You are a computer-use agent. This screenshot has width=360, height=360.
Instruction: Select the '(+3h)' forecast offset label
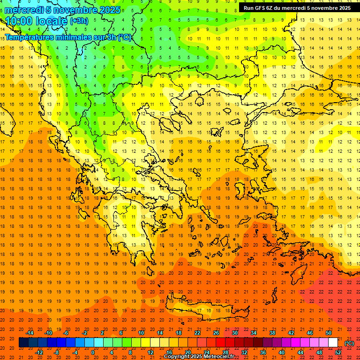[x=78, y=21]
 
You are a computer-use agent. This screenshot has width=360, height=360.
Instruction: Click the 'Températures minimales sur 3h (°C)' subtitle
[x=68, y=37]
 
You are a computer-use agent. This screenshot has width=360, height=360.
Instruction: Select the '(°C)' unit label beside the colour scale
[x=349, y=343]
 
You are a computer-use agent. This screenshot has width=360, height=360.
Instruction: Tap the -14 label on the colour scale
[x=30, y=333]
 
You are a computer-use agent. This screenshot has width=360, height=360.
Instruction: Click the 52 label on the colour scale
[x=338, y=352]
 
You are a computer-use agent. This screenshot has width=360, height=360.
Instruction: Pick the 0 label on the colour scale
[x=93, y=352]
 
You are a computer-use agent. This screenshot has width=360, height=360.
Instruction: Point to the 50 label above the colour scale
[x=328, y=333]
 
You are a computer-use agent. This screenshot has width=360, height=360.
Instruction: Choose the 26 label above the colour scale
[x=216, y=333]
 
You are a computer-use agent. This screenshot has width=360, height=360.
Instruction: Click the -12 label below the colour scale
[x=39, y=352]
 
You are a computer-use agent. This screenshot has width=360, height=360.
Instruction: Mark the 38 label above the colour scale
[x=272, y=333]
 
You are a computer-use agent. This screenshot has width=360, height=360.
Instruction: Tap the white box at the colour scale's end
[x=333, y=343]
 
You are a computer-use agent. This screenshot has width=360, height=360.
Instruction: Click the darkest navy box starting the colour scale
[x=23, y=343]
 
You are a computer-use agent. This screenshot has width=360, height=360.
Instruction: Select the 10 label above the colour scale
[x=141, y=333]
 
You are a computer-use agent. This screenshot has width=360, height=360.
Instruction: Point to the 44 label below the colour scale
[x=300, y=352]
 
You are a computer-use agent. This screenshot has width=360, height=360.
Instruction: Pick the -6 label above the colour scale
[x=67, y=333]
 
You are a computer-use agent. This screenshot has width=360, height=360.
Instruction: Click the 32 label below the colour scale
[x=244, y=352]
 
